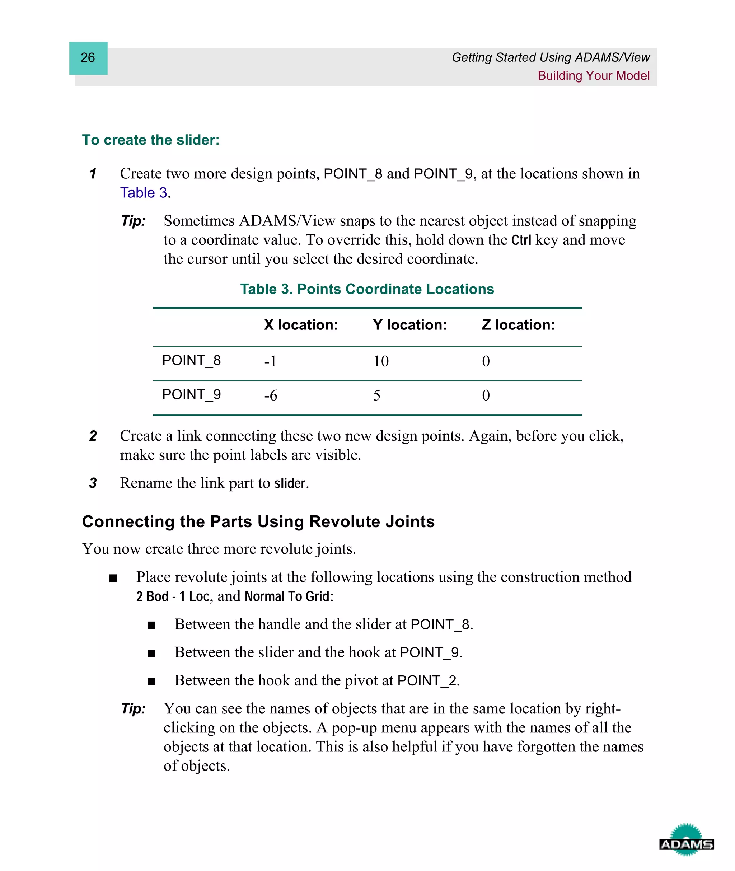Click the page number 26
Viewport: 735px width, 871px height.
(x=88, y=57)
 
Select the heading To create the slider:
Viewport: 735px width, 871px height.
(x=150, y=140)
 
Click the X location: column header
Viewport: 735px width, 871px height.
(x=301, y=325)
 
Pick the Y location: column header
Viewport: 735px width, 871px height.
(x=409, y=325)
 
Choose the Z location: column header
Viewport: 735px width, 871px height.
(x=518, y=325)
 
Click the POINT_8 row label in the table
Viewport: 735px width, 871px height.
(x=191, y=361)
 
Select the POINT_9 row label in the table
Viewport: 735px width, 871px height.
(x=191, y=395)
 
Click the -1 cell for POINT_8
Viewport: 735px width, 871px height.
(x=270, y=361)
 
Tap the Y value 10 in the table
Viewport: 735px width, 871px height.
(x=381, y=361)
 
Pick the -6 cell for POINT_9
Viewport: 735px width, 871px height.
(x=270, y=395)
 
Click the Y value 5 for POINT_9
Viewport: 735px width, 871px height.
(x=377, y=395)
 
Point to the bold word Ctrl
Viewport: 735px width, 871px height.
(x=521, y=240)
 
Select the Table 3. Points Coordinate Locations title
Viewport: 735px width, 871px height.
(x=367, y=289)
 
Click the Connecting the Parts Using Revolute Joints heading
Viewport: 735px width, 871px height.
(x=258, y=522)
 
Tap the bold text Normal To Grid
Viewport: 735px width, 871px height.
(x=287, y=596)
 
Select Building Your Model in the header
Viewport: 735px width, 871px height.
(x=593, y=76)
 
